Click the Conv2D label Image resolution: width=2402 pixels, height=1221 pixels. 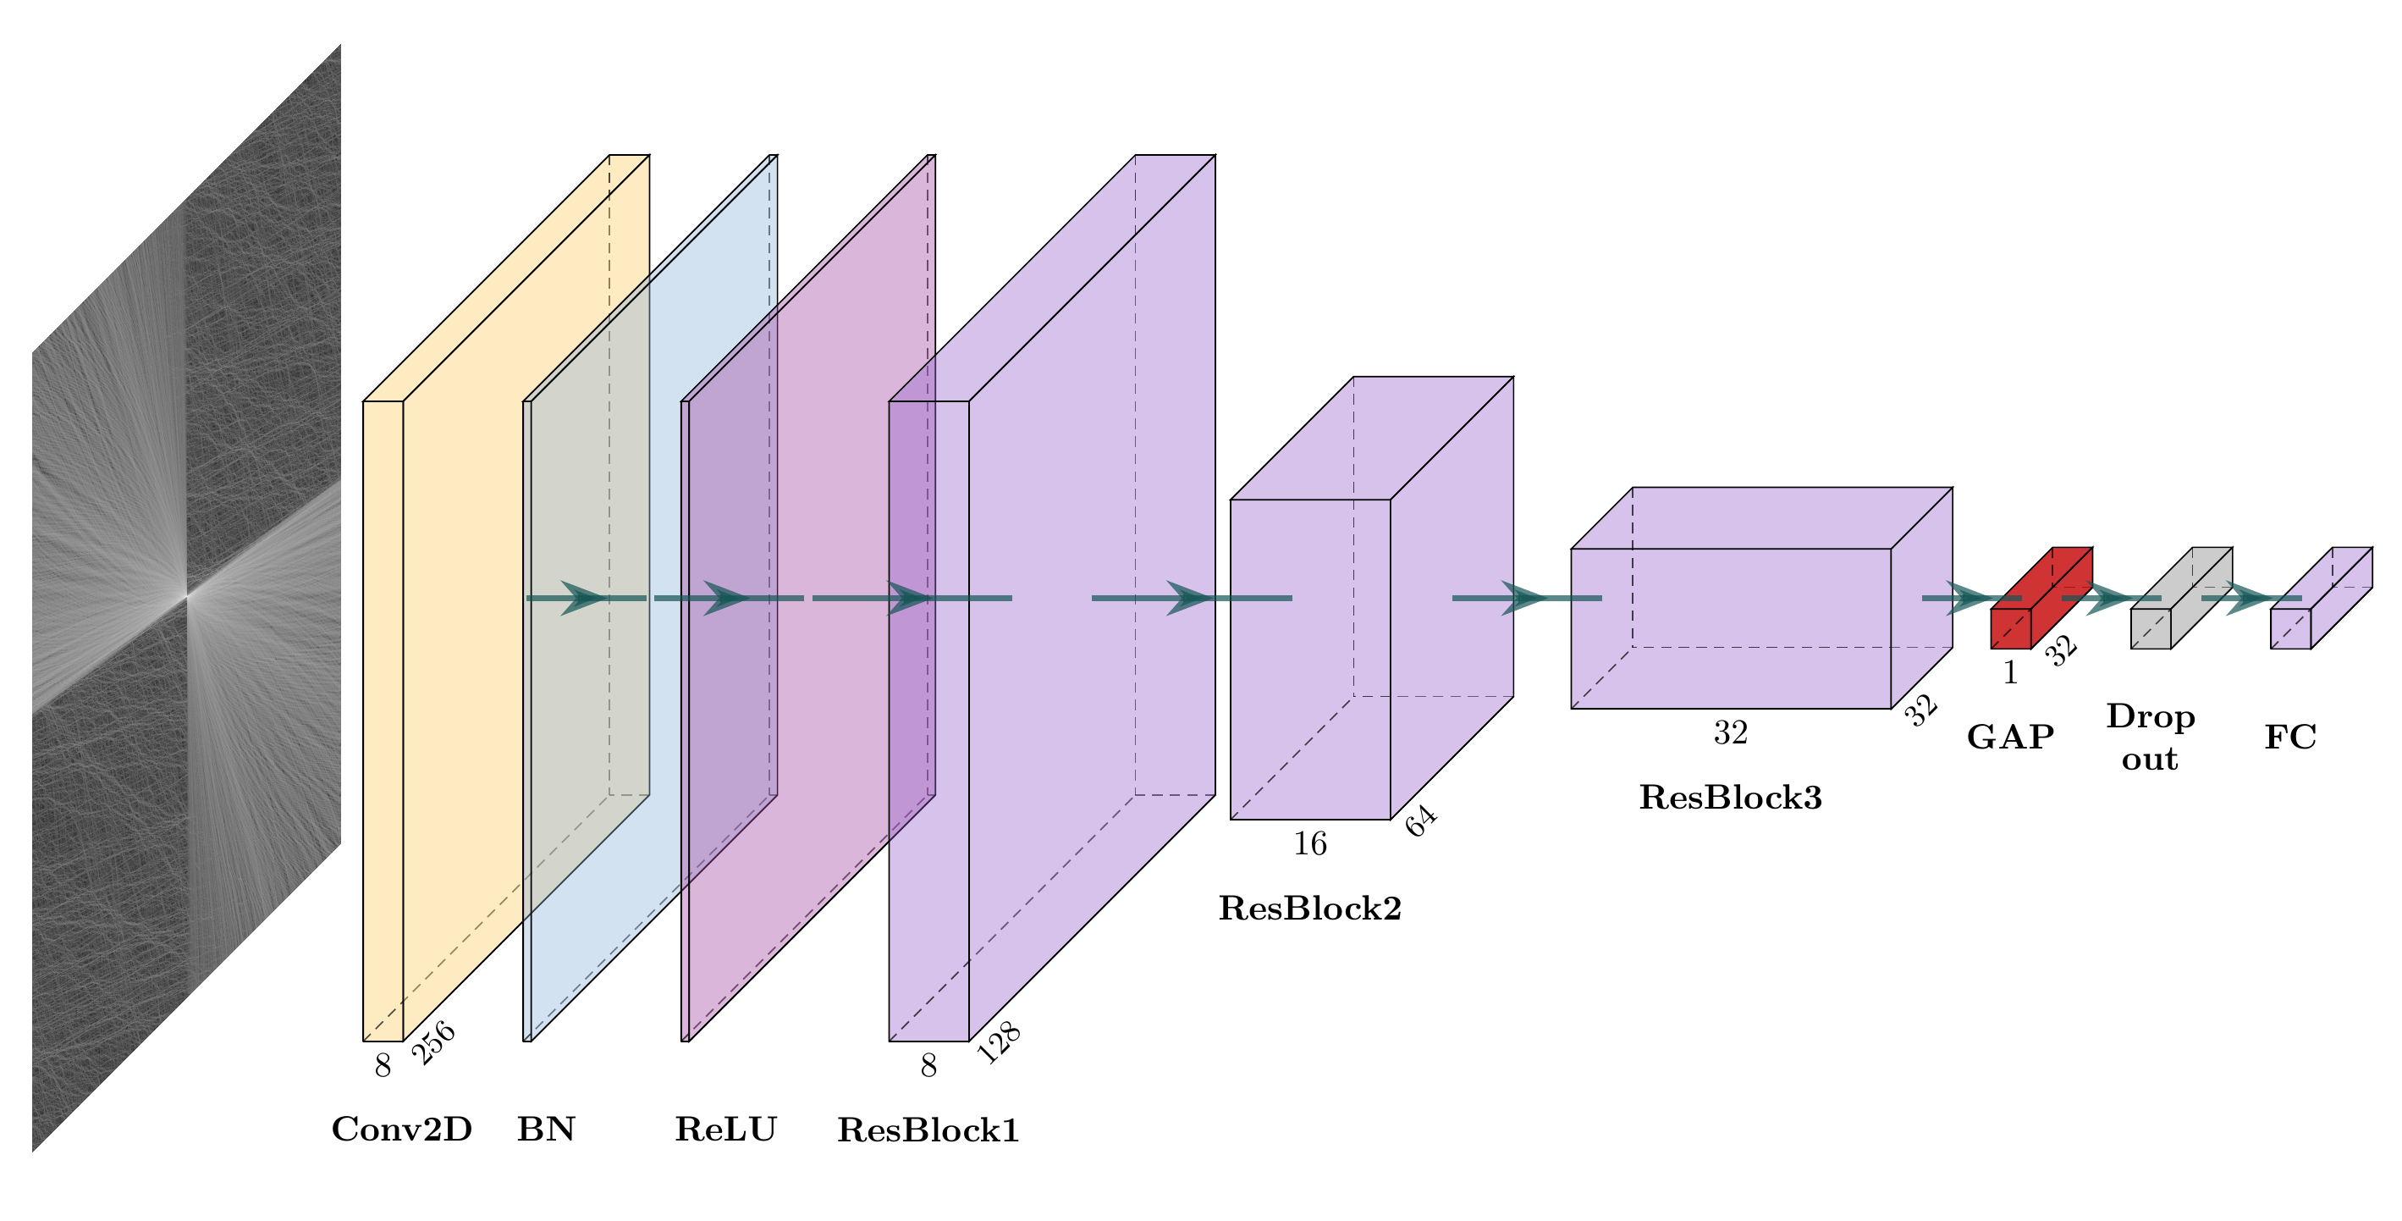402,1130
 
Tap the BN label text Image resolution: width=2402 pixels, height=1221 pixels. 547,1130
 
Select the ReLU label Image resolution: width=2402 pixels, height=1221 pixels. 725,1130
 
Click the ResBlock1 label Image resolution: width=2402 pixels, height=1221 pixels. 928,1130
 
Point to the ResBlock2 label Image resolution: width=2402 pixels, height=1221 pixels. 1310,908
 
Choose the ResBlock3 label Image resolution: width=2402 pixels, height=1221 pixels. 1731,798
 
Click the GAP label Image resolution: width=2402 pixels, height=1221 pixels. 2010,737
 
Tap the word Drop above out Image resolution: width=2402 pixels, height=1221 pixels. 2151,716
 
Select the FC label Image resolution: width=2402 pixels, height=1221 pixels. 2291,737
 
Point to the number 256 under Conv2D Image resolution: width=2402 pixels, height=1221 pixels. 433,1043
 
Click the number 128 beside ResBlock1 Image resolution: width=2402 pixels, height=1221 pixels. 999,1043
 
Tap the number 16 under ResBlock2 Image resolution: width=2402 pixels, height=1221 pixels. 1310,844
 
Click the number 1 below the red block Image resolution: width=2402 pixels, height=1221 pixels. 2011,672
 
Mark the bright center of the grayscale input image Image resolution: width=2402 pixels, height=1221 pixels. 186,594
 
